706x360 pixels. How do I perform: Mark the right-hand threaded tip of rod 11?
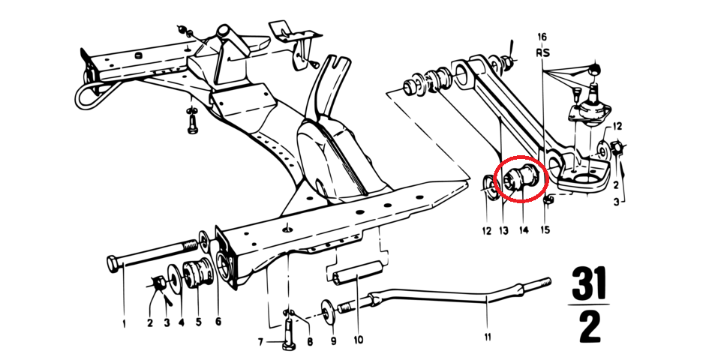click(550, 280)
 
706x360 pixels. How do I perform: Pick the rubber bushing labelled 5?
click(197, 274)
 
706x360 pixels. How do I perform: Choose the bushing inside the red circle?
click(521, 178)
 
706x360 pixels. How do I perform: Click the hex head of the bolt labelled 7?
click(287, 346)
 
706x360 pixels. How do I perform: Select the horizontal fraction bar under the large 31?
click(588, 304)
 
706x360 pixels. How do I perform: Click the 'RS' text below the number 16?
click(542, 52)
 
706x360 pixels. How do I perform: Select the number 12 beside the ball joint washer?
click(617, 127)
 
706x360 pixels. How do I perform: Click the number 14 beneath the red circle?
click(523, 230)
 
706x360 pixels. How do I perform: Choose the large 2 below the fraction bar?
click(590, 328)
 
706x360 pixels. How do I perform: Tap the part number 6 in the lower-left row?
click(218, 321)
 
